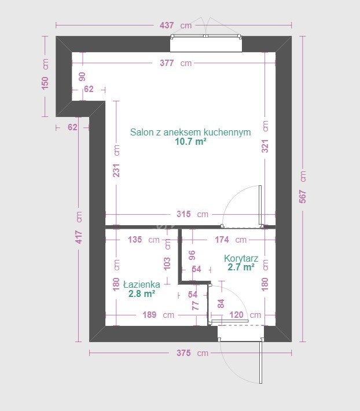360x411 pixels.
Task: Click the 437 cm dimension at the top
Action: (175, 25)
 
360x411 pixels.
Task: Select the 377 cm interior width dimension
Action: (175, 63)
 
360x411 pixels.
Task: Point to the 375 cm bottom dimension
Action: (192, 353)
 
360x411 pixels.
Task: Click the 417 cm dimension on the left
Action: (79, 227)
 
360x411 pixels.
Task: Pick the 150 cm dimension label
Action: (45, 74)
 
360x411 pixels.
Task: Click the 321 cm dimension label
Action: (265, 137)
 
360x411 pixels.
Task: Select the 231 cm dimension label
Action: (116, 161)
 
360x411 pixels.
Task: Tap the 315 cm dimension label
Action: (192, 214)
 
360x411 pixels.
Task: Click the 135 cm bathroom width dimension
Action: (144, 240)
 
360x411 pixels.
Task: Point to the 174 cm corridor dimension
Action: (230, 240)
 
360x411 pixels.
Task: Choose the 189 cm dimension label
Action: (158, 315)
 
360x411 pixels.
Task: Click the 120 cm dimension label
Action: (245, 315)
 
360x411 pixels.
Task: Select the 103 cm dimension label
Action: (167, 254)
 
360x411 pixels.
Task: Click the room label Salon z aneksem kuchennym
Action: (190, 132)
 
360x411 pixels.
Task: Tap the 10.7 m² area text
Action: (190, 142)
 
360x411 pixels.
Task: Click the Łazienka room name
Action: (141, 284)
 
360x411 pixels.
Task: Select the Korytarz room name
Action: (241, 259)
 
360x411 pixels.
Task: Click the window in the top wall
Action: (206, 43)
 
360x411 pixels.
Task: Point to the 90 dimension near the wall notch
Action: (82, 76)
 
